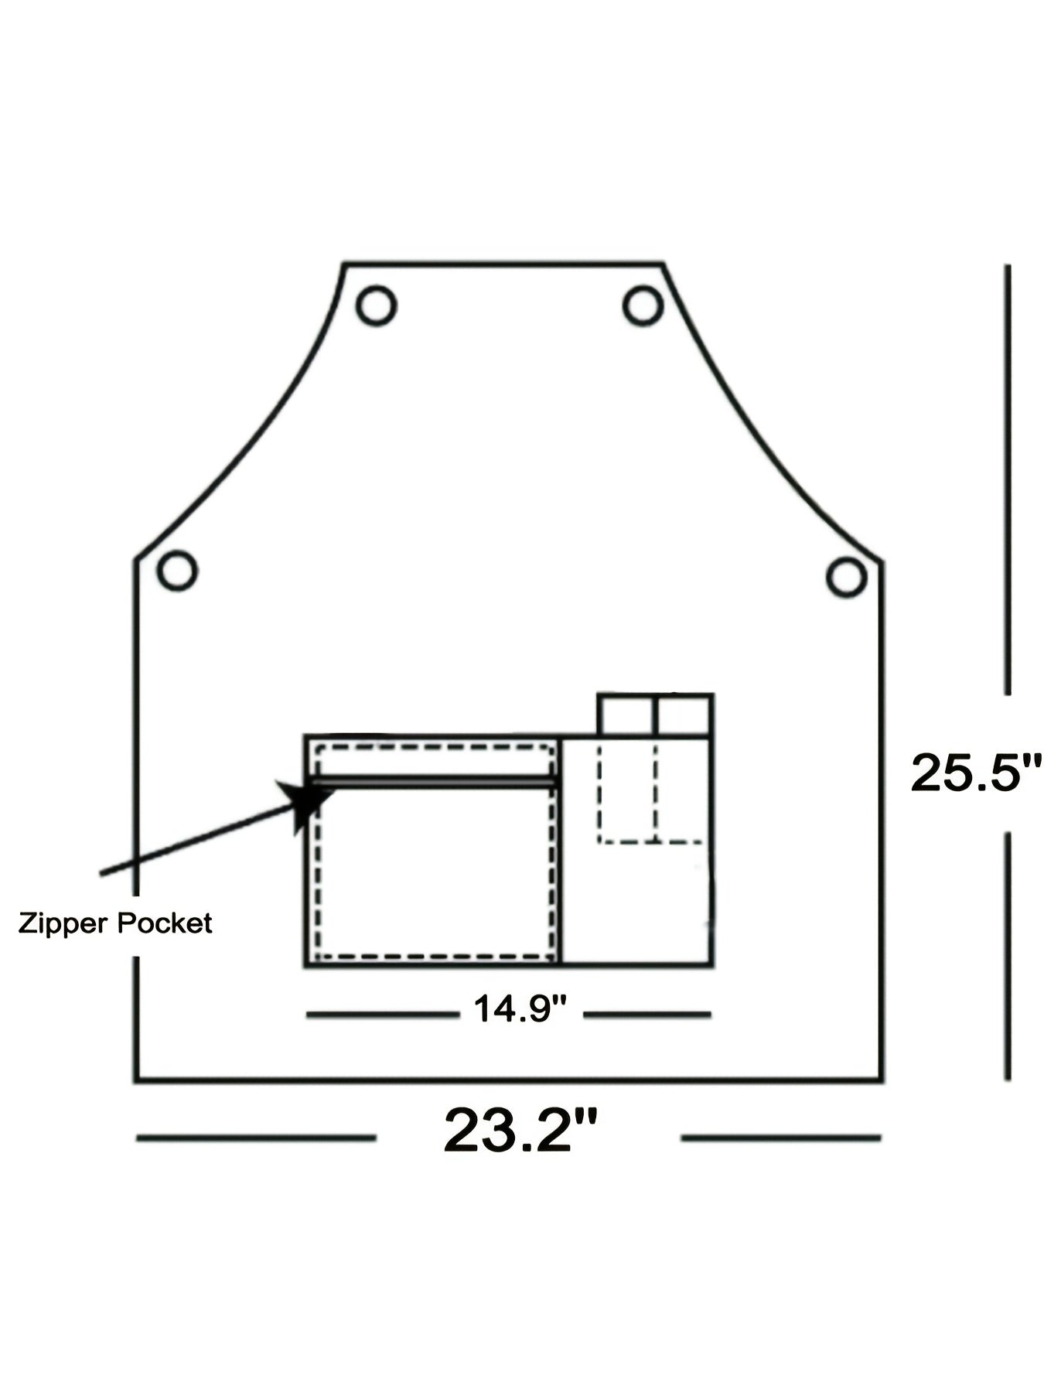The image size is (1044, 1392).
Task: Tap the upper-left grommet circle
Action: [377, 305]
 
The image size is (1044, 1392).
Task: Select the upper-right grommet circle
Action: [643, 305]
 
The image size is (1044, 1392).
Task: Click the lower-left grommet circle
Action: [177, 571]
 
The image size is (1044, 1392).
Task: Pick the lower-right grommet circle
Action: [845, 576]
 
